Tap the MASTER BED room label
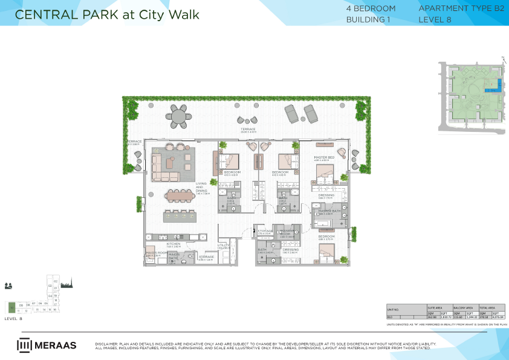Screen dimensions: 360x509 (324, 157)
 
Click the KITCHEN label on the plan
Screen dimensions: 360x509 (173, 244)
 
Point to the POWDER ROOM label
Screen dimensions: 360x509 (287, 232)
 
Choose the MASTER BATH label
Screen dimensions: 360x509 (329, 211)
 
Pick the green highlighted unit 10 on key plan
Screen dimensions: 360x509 (11, 306)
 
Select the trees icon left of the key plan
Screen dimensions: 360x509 (8, 285)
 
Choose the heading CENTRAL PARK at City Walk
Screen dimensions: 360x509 (107, 14)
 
